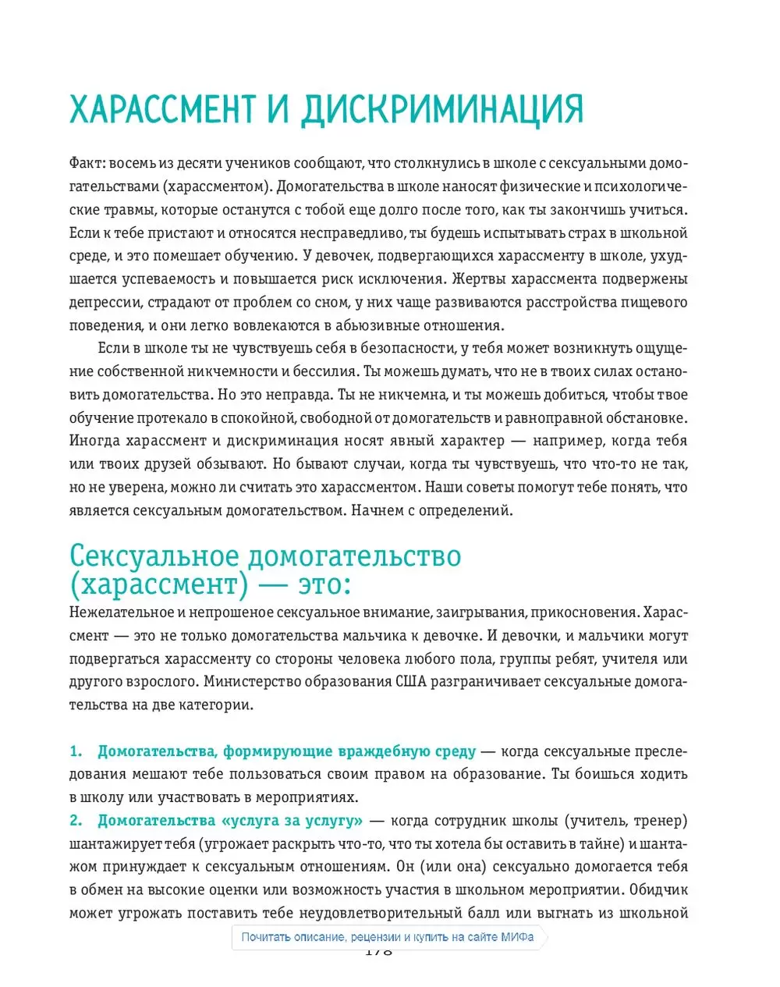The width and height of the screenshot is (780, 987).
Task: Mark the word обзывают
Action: [x=231, y=464]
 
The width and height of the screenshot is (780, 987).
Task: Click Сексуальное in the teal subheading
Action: [x=154, y=556]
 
